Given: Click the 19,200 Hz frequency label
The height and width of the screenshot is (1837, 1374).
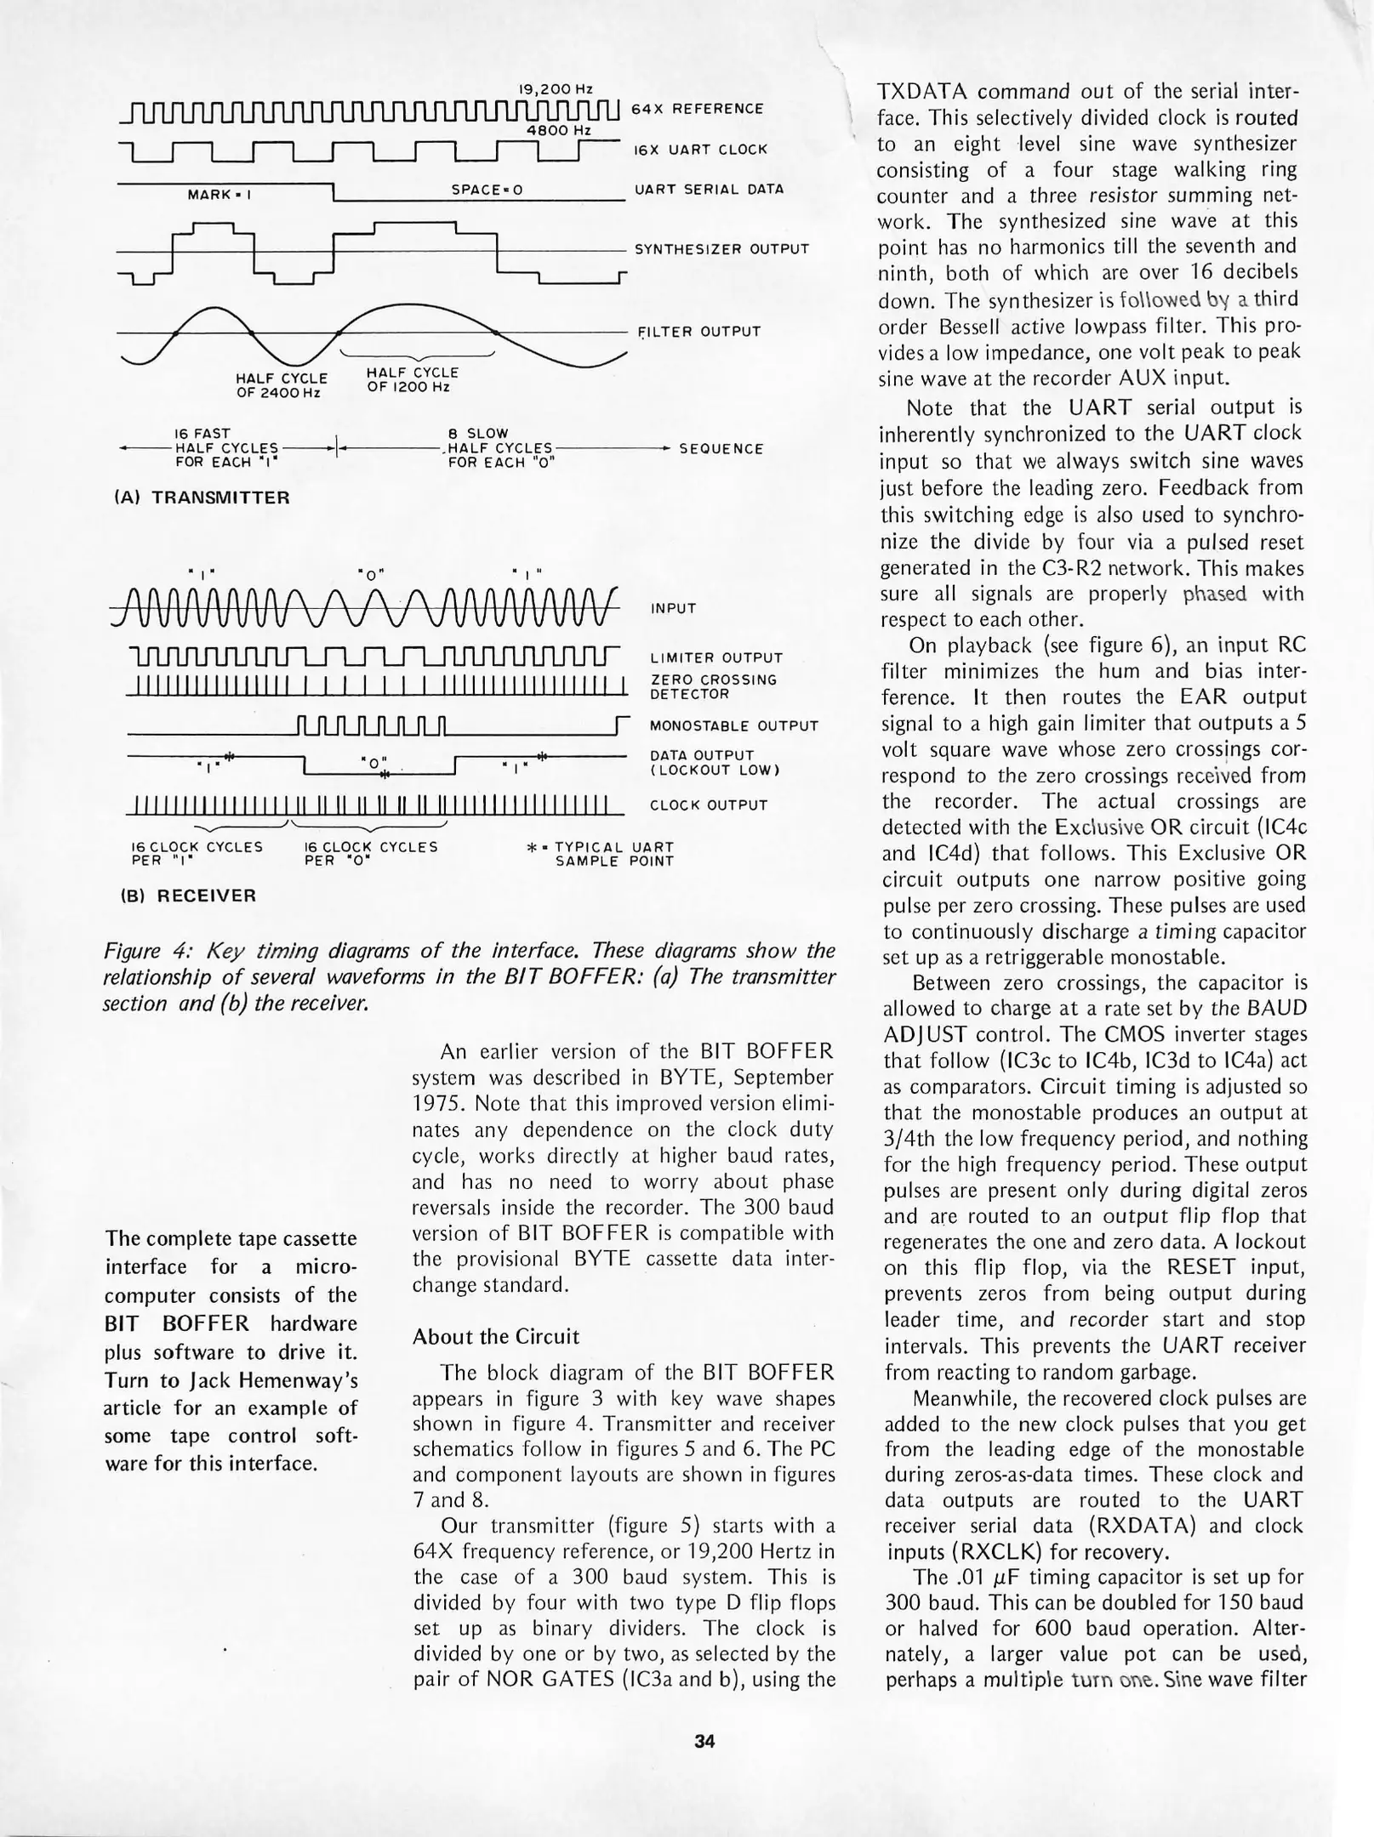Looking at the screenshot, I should click(555, 88).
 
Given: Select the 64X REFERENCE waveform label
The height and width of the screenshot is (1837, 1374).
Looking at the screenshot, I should click(697, 108).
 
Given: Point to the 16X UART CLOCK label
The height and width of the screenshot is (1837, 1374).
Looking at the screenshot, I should click(700, 150).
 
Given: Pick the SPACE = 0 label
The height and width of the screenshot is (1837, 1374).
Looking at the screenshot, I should click(486, 190).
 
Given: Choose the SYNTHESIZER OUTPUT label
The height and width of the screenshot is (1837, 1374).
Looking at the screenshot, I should click(721, 249).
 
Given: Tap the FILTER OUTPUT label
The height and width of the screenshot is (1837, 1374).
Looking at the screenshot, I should click(698, 331).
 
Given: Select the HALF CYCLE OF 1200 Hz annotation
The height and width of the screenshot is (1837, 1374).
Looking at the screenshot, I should click(413, 379).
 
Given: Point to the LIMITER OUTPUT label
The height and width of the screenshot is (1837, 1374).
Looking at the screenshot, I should click(716, 658).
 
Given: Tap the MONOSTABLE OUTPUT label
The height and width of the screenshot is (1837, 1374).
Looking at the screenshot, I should click(733, 726).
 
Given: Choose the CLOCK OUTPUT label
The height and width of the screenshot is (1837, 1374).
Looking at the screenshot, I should click(708, 805).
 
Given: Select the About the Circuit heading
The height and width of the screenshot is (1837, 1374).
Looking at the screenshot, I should click(495, 1337).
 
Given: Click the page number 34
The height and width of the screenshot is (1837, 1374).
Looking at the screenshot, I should click(704, 1741).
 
